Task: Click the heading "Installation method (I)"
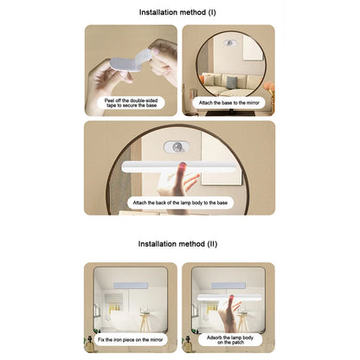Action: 177,12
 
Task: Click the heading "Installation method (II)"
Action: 177,244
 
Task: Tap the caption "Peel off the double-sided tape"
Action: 131,103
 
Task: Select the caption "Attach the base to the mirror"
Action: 228,103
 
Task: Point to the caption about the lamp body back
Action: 180,202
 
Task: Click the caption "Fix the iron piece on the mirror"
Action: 130,340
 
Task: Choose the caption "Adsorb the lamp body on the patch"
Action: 230,340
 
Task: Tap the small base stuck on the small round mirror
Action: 230,43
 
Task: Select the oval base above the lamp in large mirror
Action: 177,147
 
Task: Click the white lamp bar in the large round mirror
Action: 179,167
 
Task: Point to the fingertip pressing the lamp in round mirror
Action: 183,166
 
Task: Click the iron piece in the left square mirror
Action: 131,286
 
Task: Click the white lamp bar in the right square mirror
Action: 229,298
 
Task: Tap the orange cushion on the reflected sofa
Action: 209,78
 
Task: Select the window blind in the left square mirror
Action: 111,301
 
